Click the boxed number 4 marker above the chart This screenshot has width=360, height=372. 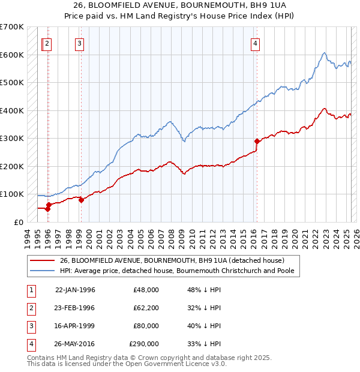tap(256, 43)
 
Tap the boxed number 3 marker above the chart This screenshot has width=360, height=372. tap(80, 43)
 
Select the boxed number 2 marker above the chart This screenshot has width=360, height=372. tap(47, 43)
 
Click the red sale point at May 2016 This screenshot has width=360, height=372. tap(257, 141)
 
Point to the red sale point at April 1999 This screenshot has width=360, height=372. tap(81, 200)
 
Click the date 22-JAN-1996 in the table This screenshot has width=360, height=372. tap(75, 290)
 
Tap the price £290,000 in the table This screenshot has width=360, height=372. tap(144, 344)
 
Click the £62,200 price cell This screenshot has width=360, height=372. tap(146, 308)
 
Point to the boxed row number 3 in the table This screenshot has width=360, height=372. tap(30, 326)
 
